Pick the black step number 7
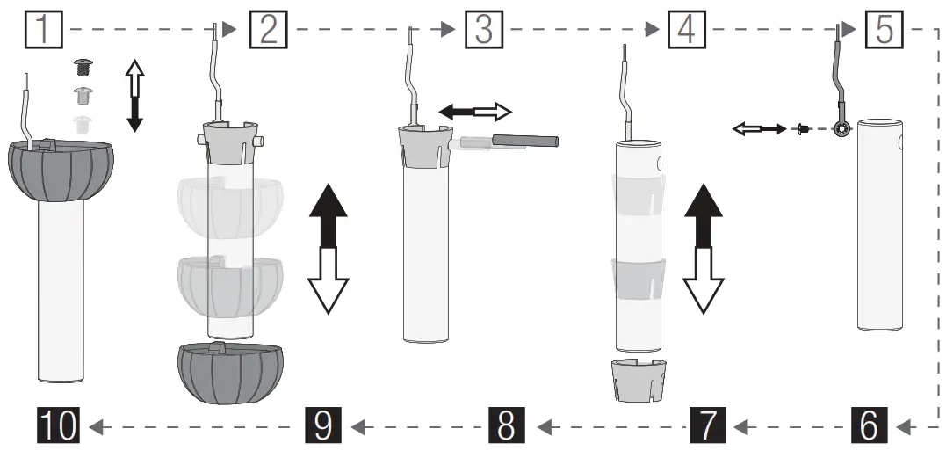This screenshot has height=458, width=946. click(x=708, y=425)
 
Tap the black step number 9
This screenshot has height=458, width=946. click(x=322, y=425)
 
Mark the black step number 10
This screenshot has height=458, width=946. click(x=58, y=425)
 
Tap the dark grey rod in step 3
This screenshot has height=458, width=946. click(x=524, y=140)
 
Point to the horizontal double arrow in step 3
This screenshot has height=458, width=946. click(x=474, y=111)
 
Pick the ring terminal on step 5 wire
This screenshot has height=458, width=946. click(x=841, y=128)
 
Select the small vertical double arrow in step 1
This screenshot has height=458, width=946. click(x=134, y=95)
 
